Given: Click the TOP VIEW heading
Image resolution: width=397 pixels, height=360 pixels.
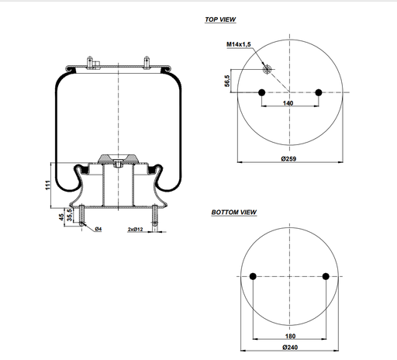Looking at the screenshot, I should (x=221, y=19).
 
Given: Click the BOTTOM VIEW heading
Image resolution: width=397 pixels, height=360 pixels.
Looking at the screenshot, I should (x=234, y=212).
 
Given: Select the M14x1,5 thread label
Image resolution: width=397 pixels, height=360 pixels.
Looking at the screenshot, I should (x=240, y=45).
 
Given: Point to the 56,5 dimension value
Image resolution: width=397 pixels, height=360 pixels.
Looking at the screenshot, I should (x=227, y=81).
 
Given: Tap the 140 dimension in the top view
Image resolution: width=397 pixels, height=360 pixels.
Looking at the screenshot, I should (x=288, y=103).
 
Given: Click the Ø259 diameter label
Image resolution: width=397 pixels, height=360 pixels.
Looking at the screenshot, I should (x=290, y=157).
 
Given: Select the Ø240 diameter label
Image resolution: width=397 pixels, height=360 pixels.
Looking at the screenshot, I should (x=289, y=348).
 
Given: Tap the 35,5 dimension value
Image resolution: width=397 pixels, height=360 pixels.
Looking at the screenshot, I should (x=69, y=214).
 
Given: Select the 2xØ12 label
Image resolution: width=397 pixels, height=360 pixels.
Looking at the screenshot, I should (x=136, y=230).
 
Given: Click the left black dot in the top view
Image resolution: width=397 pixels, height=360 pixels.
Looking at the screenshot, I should (x=261, y=93).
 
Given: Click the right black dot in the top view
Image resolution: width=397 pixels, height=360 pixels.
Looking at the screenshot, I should (x=319, y=93).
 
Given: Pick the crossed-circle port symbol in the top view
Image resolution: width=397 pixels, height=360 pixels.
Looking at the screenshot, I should (x=268, y=70).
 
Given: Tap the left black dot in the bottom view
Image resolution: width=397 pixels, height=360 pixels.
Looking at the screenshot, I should (x=254, y=277).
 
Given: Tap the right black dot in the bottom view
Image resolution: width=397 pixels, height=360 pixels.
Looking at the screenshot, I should (x=326, y=277).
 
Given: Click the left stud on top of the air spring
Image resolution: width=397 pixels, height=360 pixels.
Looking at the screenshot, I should (x=90, y=61).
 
